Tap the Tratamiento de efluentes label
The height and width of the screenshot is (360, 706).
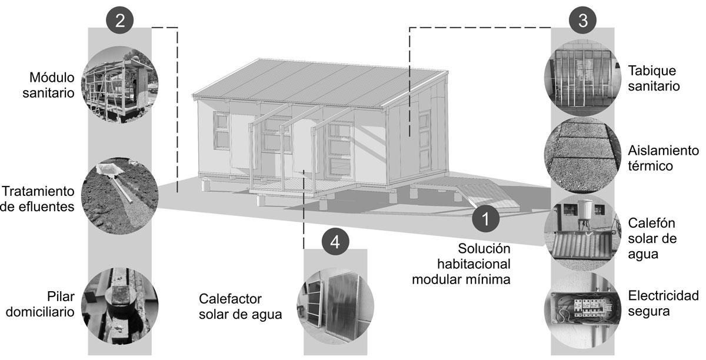[39, 199]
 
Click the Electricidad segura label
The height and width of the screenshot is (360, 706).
[663, 302]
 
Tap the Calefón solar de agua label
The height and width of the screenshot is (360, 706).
[651, 239]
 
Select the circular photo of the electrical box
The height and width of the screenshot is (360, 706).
[582, 308]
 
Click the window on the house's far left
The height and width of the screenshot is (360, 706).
[221, 130]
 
